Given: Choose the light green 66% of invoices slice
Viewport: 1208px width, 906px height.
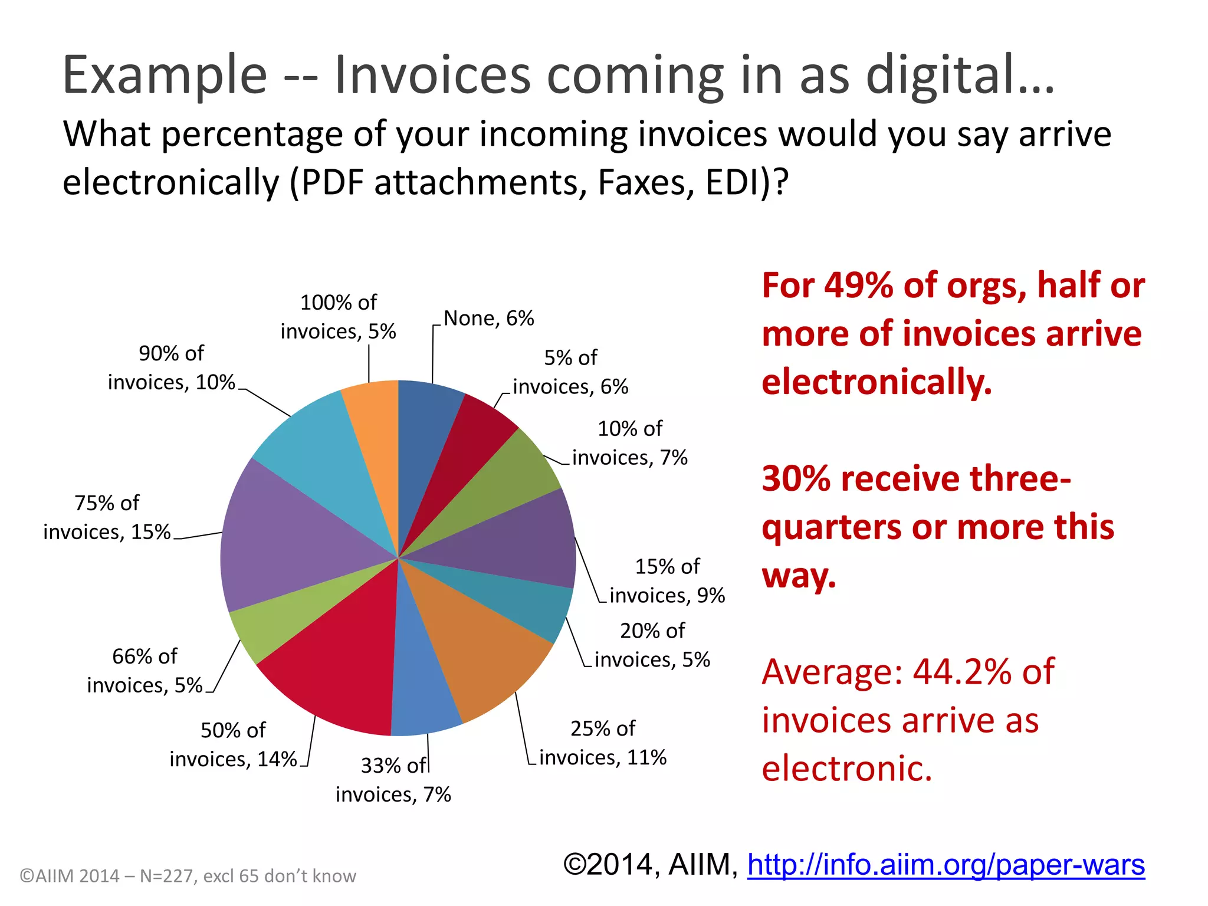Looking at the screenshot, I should (271, 625).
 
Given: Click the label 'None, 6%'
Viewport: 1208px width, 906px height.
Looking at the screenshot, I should (488, 319).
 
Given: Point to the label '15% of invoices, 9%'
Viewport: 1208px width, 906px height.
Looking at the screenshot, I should (667, 581).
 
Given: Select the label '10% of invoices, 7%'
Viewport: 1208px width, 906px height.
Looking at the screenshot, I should (629, 443).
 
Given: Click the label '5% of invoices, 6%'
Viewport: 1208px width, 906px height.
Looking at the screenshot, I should (570, 372).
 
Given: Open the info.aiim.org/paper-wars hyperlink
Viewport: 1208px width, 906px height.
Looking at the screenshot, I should (946, 865).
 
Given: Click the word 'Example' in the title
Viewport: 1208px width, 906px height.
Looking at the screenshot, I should (165, 75).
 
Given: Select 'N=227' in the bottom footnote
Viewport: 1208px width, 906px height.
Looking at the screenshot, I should (166, 876).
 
